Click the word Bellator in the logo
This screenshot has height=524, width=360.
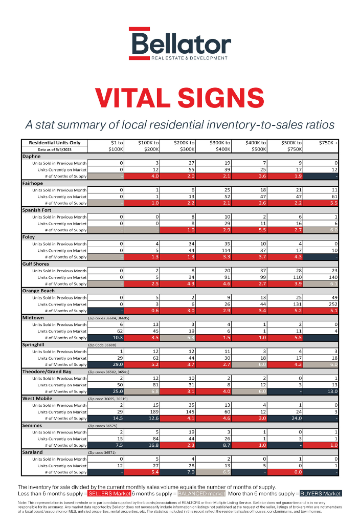click(x=180, y=42)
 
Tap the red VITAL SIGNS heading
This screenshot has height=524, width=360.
click(x=179, y=97)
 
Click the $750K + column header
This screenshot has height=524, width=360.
click(x=328, y=143)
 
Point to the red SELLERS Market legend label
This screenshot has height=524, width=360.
click(x=109, y=493)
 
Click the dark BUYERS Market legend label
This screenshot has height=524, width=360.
click(x=320, y=493)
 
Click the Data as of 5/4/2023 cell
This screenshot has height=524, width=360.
click(x=54, y=149)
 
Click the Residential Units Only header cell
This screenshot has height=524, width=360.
click(x=54, y=142)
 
